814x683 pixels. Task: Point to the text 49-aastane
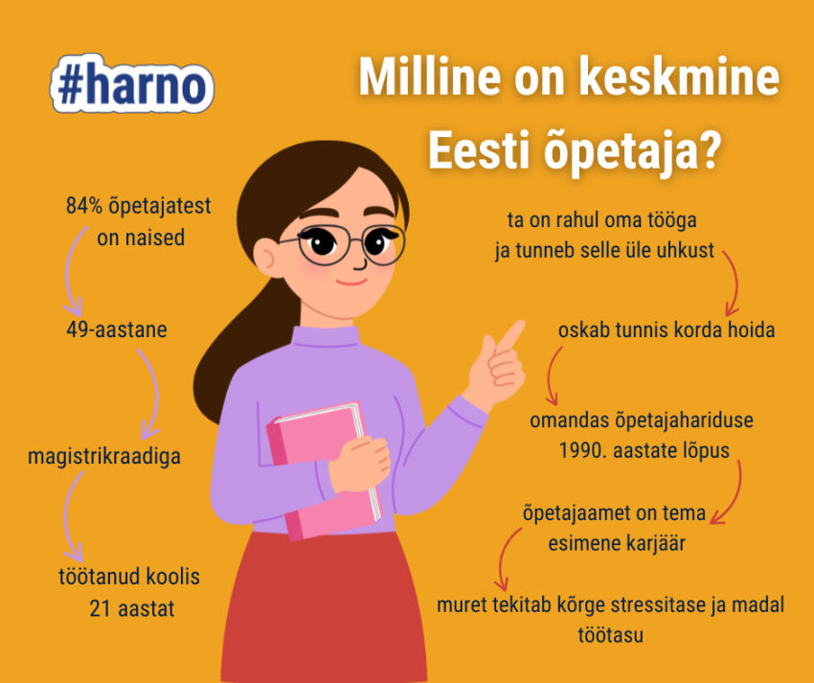pos(111,330)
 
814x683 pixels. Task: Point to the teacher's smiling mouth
pos(351,282)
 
